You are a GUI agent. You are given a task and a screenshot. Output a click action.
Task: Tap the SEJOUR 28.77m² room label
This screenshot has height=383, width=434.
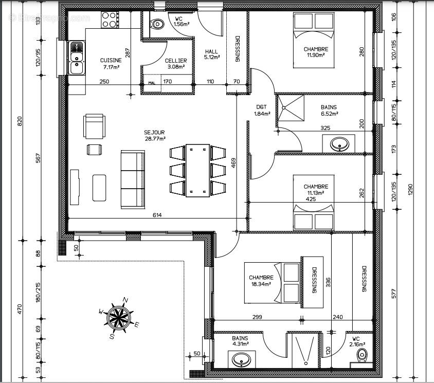(x=155, y=135)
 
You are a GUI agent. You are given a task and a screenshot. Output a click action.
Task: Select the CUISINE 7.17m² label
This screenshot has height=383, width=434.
(x=111, y=63)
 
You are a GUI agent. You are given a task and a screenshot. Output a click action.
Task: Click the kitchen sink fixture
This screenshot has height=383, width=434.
(x=77, y=57)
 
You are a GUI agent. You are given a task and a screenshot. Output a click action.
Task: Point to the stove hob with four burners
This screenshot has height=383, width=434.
(x=109, y=20)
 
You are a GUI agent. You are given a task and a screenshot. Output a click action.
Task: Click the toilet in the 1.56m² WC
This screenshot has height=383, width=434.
(x=156, y=24)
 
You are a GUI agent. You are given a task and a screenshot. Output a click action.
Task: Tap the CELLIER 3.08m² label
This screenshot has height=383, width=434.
(x=176, y=63)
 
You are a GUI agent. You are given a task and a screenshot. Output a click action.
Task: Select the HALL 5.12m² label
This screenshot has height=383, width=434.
(x=212, y=54)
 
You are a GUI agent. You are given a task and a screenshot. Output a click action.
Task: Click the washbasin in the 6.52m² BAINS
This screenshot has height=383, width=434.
(x=339, y=144)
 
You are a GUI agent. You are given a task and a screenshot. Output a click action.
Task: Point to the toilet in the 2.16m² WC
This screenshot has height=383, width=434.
(x=363, y=355)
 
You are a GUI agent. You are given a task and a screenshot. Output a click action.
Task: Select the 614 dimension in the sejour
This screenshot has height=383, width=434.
(x=157, y=215)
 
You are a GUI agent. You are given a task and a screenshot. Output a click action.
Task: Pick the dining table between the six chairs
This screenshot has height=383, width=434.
(x=197, y=170)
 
